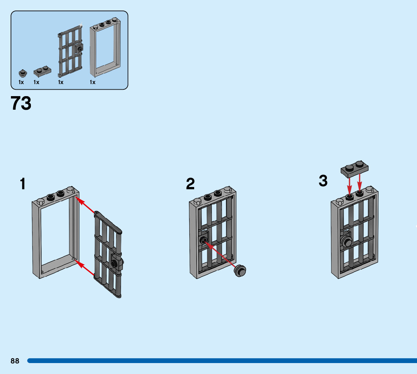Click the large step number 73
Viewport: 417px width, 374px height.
tap(21, 103)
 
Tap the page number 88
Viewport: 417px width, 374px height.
tap(15, 361)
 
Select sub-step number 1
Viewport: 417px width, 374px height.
tap(23, 184)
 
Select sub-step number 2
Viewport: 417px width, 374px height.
tap(190, 184)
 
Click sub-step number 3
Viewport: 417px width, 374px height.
tap(323, 181)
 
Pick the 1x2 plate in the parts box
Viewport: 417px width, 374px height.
tap(42, 71)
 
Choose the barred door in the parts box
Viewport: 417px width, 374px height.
tap(71, 51)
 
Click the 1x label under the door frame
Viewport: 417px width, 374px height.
tap(92, 82)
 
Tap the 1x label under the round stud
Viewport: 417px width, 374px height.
tap(21, 82)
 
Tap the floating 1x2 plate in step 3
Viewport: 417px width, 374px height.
tap(354, 168)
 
